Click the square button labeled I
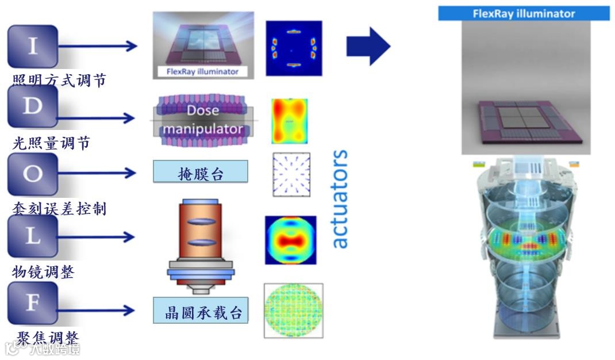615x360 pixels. pos(33,47)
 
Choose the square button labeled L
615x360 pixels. pos(33,236)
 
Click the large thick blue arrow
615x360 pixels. pos(368,46)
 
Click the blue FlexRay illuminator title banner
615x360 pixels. pos(524,14)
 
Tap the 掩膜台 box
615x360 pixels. pos(200,172)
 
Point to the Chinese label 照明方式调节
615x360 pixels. pos(59,81)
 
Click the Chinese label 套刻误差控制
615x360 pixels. pos(59,209)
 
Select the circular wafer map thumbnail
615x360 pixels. pos(293,311)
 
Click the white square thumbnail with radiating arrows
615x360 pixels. pos(291,174)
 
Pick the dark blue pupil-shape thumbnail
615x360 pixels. pos(294,48)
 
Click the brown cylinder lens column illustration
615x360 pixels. pos(201,233)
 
